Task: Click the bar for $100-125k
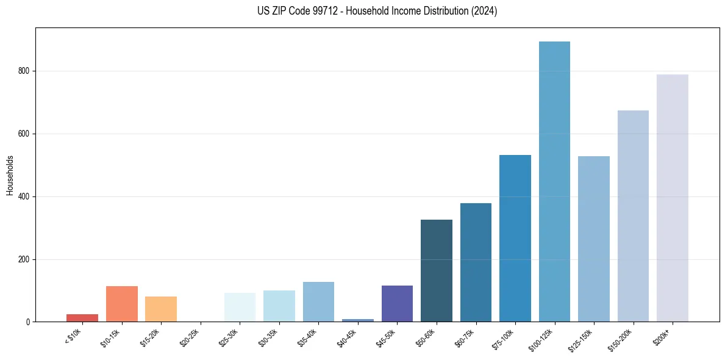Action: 554,182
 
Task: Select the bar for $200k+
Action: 673,198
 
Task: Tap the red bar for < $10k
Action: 82,318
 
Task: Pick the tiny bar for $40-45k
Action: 358,320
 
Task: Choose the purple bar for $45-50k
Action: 397,304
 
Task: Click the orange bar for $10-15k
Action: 122,304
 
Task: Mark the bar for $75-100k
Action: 515,239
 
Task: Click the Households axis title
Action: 10,175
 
